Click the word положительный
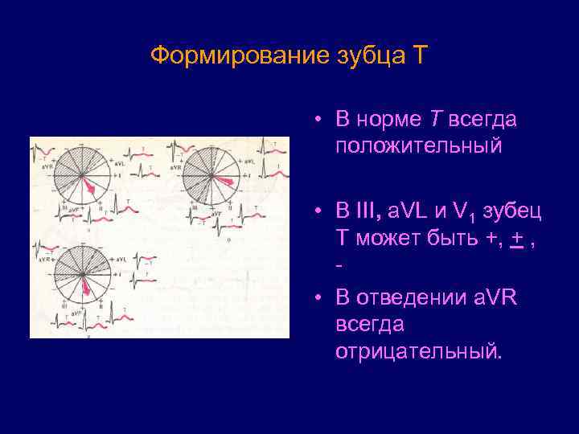(419, 145)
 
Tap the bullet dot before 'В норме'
(319, 120)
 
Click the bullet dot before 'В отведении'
(319, 298)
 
